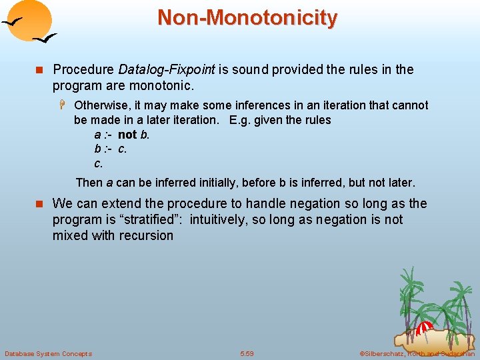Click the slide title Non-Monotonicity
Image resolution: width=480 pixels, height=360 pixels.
[x=247, y=17]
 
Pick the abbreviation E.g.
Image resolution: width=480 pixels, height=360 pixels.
[x=240, y=121]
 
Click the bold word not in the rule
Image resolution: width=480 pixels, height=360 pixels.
[x=127, y=135]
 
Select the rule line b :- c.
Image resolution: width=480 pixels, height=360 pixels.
[x=110, y=149]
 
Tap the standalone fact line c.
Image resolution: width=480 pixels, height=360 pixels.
[x=99, y=163]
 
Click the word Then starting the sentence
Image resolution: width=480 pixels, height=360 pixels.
[x=89, y=183]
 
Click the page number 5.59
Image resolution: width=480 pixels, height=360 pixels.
[x=247, y=353]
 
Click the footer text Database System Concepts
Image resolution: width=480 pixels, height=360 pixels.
[x=48, y=353]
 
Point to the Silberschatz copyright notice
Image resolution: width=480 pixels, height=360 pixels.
[x=417, y=353]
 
